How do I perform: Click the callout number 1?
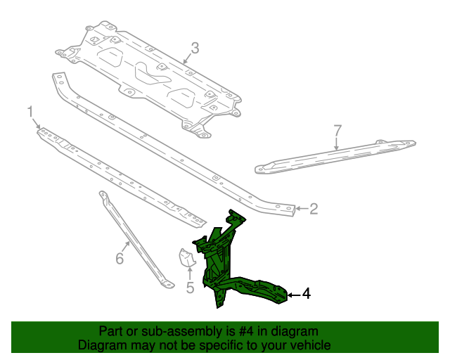(x=30, y=111)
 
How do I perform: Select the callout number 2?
(x=314, y=208)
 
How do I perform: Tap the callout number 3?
(x=195, y=48)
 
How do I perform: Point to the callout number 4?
(x=305, y=294)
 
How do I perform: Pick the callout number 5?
(x=190, y=287)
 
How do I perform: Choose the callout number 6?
(x=120, y=259)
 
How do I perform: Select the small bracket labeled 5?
(x=186, y=259)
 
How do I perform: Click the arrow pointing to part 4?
(x=293, y=294)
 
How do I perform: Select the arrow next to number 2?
(x=300, y=208)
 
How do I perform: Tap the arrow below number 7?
(x=336, y=144)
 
